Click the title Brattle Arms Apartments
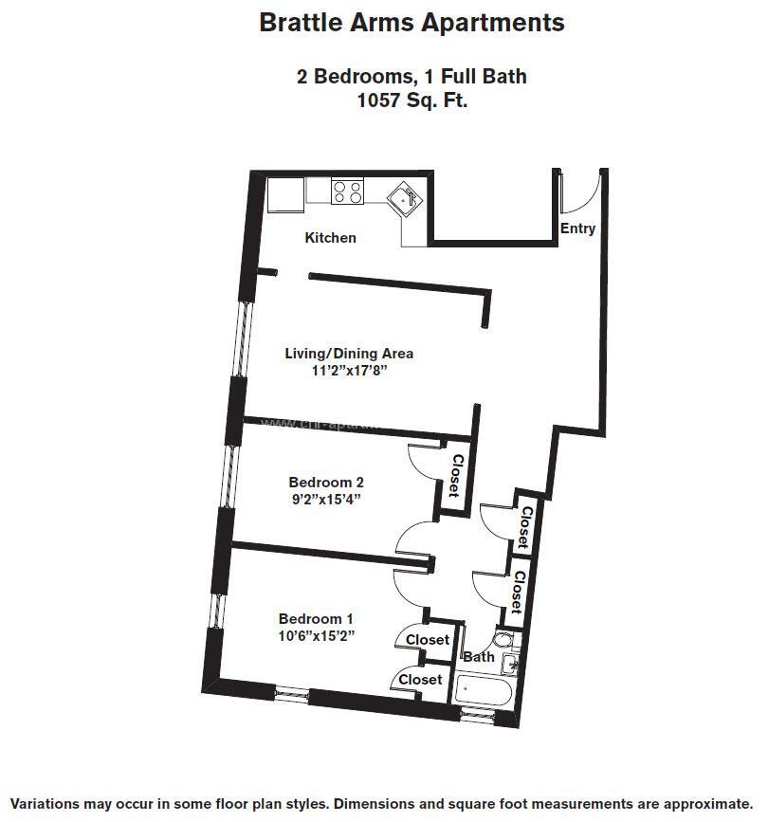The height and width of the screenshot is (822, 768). (411, 23)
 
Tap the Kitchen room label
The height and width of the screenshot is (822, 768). (330, 238)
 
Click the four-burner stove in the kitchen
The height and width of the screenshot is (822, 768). (347, 192)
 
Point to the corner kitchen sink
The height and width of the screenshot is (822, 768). (409, 200)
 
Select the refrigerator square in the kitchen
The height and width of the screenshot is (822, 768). (285, 194)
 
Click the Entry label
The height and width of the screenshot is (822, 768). (577, 228)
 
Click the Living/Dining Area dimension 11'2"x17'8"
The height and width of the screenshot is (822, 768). (349, 371)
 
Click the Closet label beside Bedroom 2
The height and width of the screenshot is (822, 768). (454, 477)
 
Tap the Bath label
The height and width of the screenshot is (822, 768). (478, 656)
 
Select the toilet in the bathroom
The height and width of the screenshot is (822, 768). (502, 641)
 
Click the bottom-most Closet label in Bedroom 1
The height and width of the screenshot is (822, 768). (420, 680)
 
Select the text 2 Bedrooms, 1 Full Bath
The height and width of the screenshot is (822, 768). (411, 77)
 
